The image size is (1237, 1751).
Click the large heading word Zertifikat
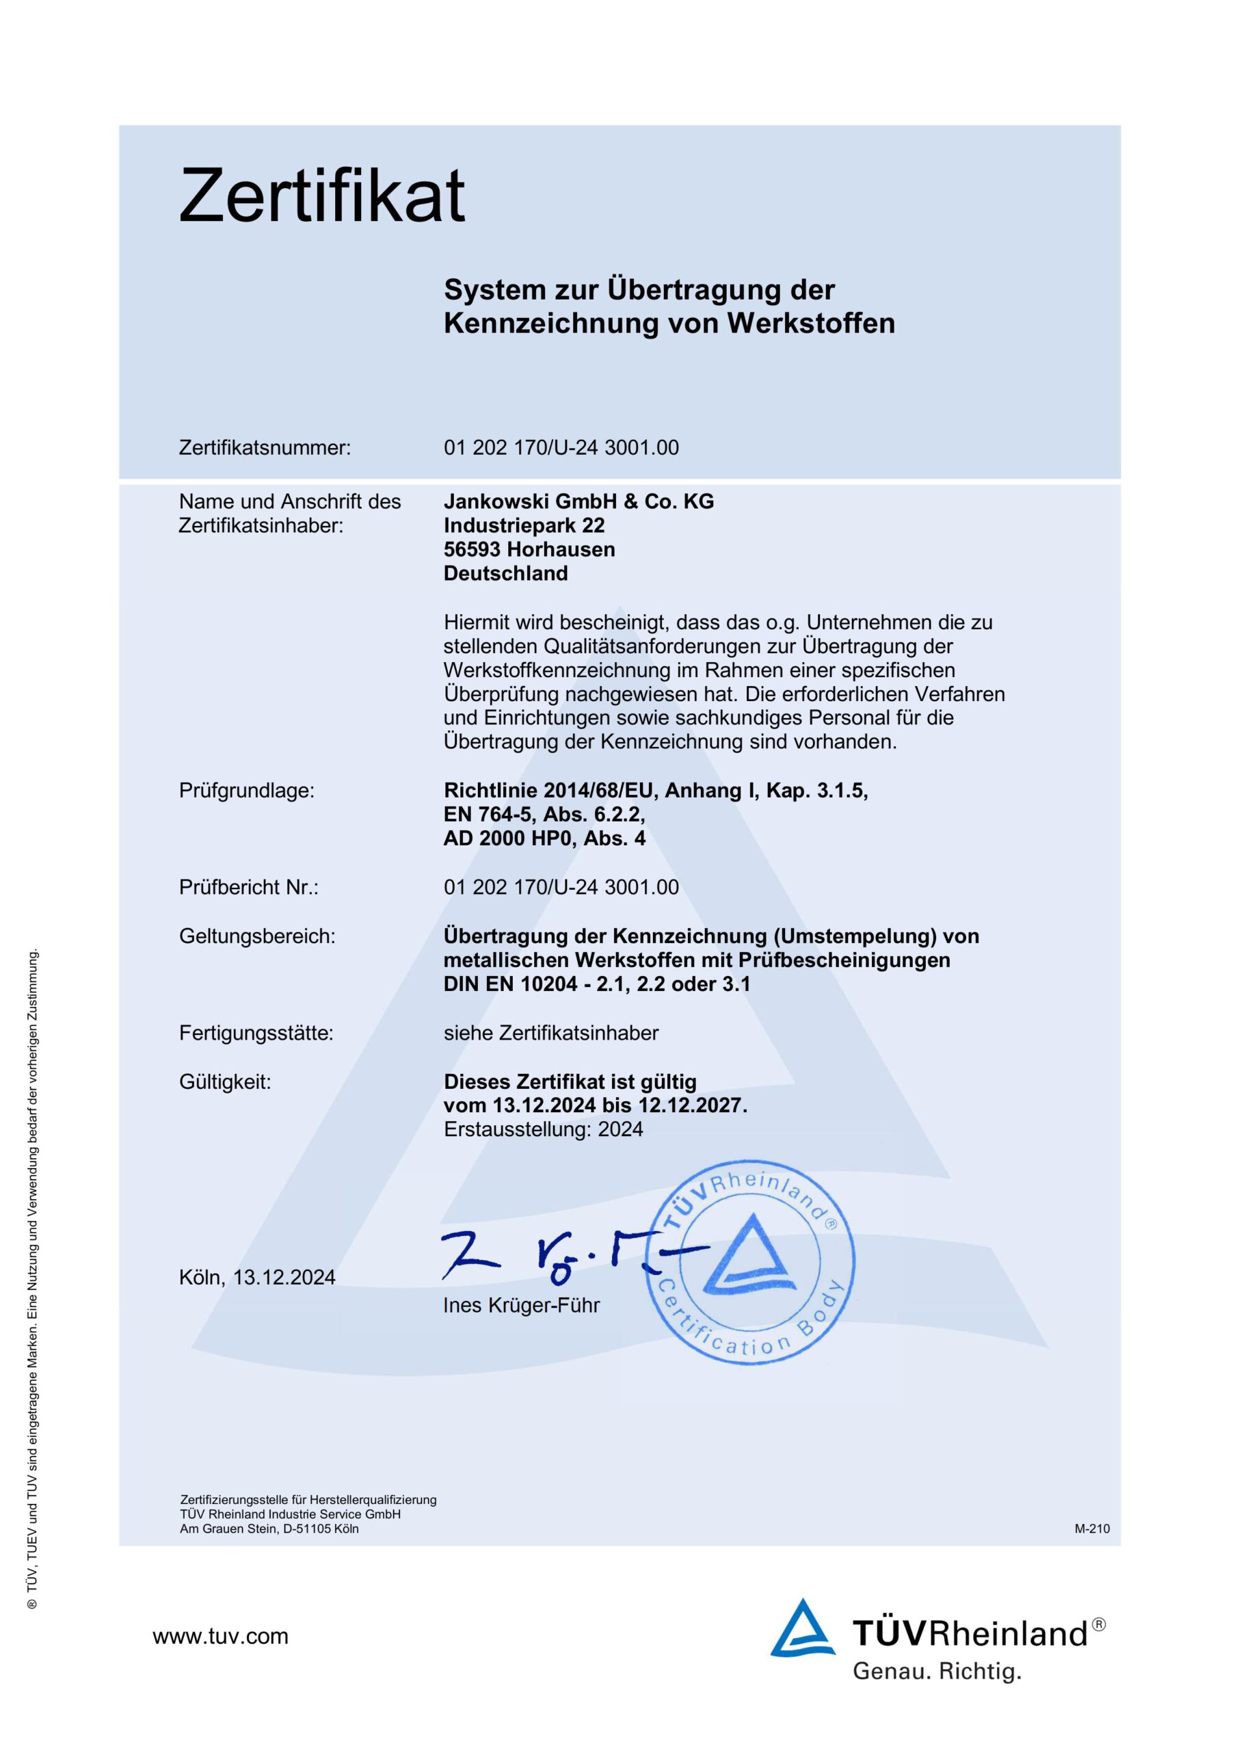(x=321, y=196)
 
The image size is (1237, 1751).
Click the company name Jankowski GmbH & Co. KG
(x=579, y=501)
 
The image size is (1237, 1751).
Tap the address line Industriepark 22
(x=524, y=525)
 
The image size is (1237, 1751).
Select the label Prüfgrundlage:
(x=246, y=791)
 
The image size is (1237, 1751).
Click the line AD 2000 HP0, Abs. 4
(x=544, y=838)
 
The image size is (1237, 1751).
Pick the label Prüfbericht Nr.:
(x=249, y=887)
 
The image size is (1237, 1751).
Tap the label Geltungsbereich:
(x=257, y=936)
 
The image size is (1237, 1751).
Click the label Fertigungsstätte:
(x=256, y=1034)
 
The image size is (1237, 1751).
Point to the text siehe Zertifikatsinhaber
(x=550, y=1034)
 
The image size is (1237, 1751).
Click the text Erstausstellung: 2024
(x=543, y=1129)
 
